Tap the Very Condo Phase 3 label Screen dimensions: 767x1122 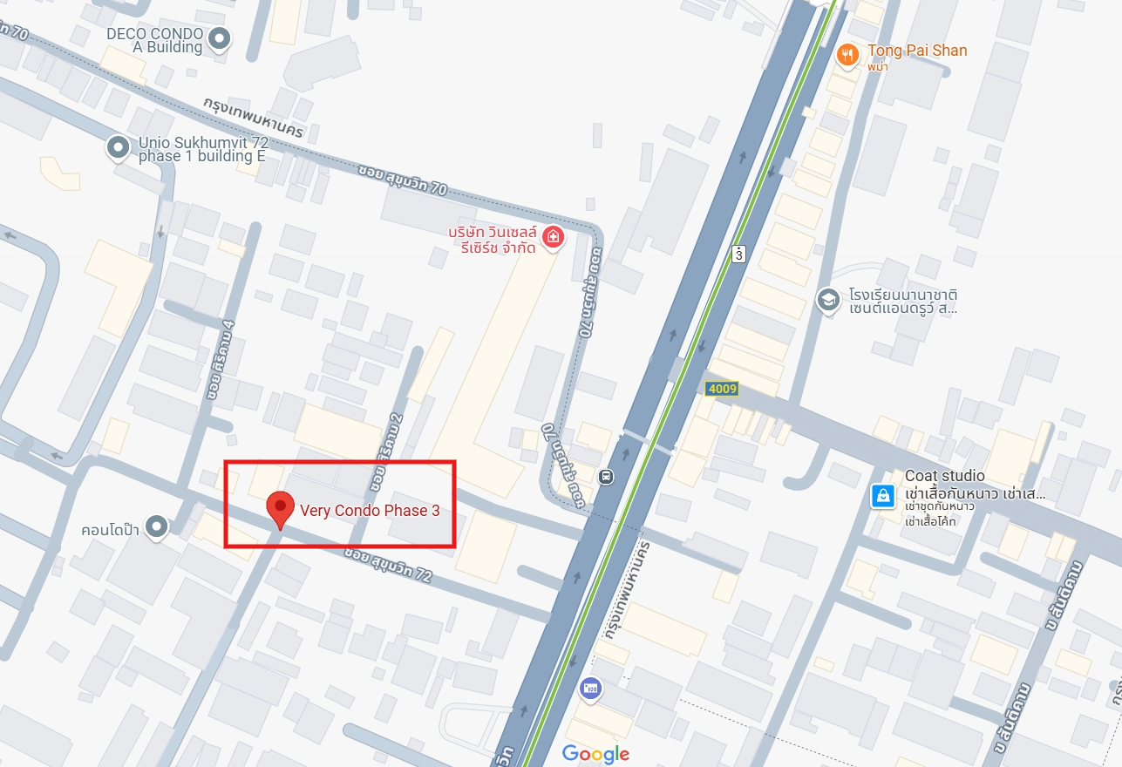coord(370,511)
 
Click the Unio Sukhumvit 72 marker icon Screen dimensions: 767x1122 coord(118,147)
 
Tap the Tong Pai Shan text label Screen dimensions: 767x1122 coord(917,51)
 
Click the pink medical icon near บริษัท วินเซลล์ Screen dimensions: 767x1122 coord(552,237)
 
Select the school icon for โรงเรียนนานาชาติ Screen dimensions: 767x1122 coord(827,301)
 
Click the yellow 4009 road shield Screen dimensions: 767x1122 coord(722,389)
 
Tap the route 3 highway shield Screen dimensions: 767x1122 coord(739,254)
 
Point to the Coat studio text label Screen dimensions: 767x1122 coord(945,476)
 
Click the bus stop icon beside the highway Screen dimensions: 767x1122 coord(606,477)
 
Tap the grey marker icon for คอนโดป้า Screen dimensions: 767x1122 coord(156,526)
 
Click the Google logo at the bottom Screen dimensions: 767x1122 coord(595,754)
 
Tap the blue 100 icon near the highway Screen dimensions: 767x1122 coord(590,688)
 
